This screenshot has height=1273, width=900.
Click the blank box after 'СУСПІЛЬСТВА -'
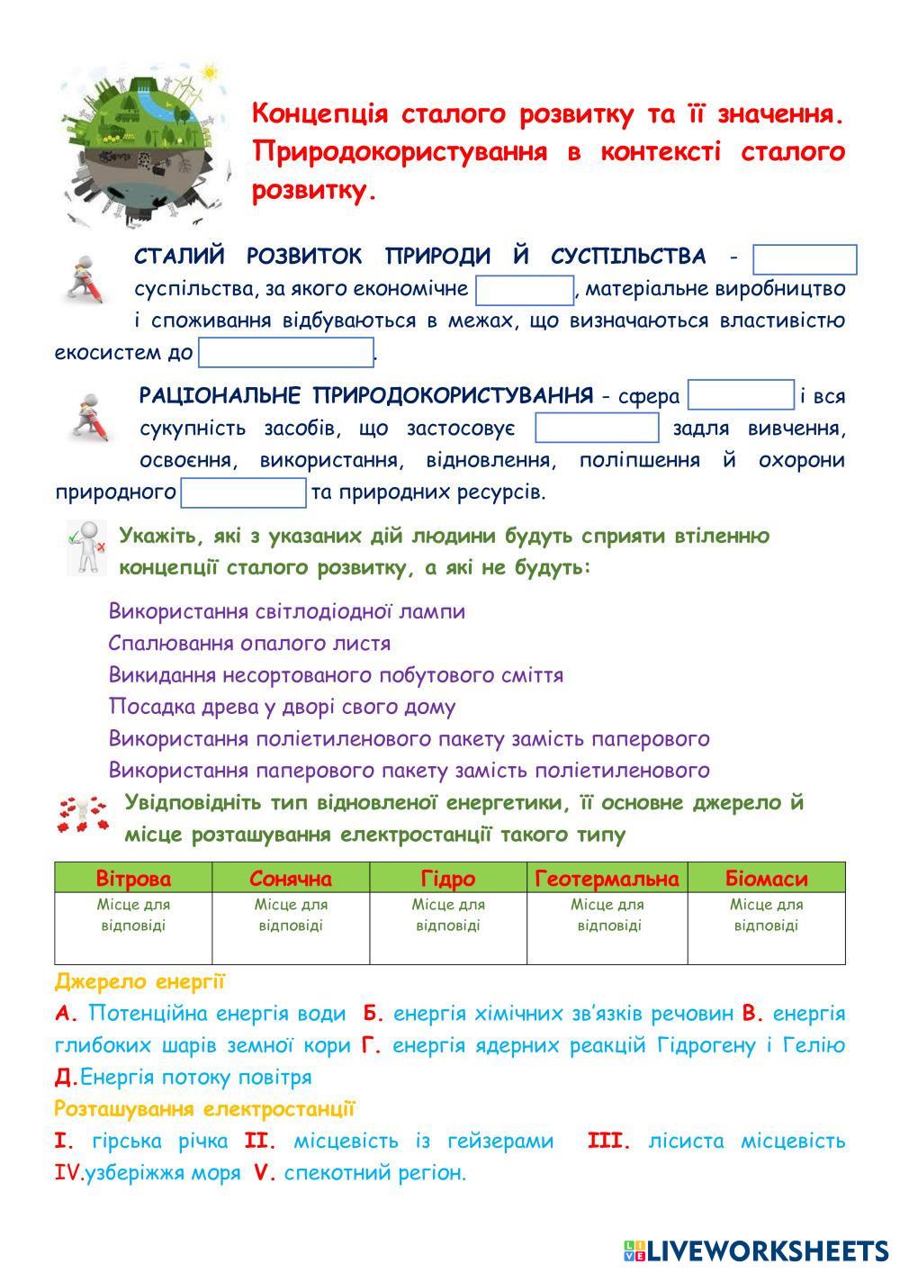(805, 259)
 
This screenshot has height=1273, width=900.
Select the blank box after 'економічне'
(525, 290)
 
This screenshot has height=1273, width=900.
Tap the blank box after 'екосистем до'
(285, 352)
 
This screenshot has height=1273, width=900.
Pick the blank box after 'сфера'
(741, 396)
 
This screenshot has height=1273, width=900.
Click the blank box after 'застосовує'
(597, 428)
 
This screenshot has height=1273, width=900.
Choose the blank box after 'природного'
(244, 492)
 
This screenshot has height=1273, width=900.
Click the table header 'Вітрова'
(133, 878)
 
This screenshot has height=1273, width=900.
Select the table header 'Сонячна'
(291, 878)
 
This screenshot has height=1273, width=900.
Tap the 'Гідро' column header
(448, 878)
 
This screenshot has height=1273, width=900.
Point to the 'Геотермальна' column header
(607, 878)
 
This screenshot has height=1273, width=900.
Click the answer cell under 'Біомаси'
(766, 927)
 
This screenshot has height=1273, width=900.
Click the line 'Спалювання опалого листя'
(249, 643)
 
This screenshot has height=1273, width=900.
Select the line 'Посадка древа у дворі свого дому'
(282, 707)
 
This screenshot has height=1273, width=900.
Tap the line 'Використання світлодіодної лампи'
(287, 611)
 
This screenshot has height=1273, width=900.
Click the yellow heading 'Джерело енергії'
(139, 981)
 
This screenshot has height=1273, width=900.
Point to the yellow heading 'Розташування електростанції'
(204, 1108)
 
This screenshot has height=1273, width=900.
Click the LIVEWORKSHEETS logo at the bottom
(756, 1250)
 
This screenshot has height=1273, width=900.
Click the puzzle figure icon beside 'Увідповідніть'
(83, 814)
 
